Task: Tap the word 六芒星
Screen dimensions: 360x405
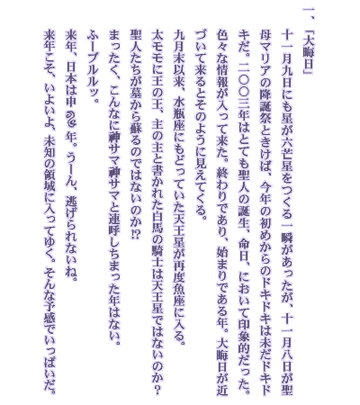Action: [286, 155]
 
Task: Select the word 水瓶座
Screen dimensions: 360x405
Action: [179, 115]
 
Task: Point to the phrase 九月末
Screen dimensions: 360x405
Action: [179, 48]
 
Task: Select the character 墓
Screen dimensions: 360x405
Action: [136, 99]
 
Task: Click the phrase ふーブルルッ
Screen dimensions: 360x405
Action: [94, 62]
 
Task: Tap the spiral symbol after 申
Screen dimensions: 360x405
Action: [71, 114]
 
